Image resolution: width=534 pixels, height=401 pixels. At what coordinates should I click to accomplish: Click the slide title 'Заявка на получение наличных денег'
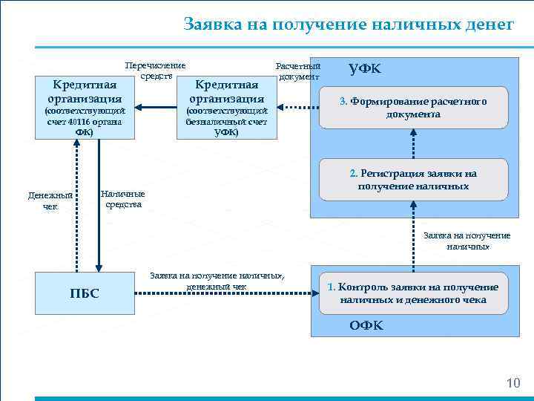click(x=348, y=25)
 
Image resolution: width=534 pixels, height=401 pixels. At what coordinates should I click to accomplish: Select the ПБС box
click(x=84, y=293)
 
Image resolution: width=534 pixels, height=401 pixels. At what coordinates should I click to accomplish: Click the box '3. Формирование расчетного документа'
click(x=413, y=108)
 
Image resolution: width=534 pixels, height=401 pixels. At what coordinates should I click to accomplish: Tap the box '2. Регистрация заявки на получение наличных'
click(x=413, y=179)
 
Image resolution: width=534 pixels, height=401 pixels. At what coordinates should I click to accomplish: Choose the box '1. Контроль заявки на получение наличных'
click(x=413, y=293)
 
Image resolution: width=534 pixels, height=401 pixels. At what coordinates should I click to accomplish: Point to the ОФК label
click(x=366, y=326)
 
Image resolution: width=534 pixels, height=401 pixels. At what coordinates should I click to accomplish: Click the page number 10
click(x=512, y=383)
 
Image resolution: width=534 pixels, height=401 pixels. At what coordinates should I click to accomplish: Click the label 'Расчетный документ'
click(x=298, y=71)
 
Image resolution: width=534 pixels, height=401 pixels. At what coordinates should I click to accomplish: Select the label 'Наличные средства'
click(x=122, y=199)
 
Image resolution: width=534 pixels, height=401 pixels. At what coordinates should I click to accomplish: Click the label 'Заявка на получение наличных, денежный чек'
click(x=217, y=280)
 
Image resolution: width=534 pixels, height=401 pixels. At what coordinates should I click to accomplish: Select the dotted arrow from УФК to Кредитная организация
click(x=294, y=108)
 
